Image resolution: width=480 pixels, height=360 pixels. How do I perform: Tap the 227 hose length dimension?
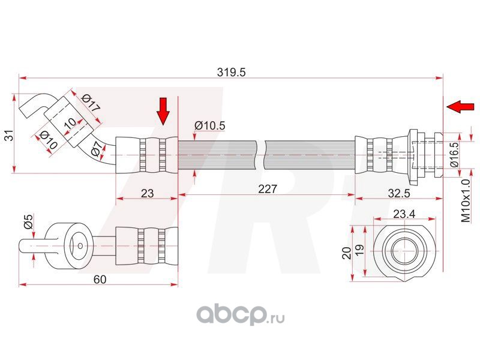[267, 189]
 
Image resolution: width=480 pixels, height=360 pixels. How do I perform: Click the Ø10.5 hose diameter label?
[210, 125]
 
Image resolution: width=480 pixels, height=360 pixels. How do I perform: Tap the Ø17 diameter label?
[90, 104]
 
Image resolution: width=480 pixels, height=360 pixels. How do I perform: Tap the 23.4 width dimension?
[403, 214]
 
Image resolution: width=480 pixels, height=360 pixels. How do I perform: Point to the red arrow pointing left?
[459, 107]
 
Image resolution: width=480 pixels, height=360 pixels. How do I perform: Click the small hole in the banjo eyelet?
[79, 244]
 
